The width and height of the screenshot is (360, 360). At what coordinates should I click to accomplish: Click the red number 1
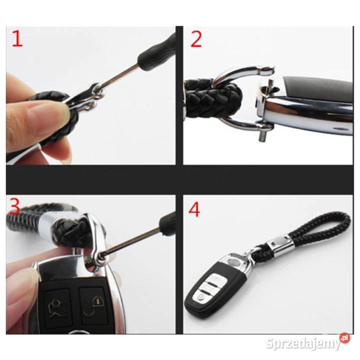click(x=17, y=39)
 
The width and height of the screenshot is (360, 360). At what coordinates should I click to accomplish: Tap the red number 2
click(x=196, y=39)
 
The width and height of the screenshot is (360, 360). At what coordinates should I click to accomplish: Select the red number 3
click(x=14, y=207)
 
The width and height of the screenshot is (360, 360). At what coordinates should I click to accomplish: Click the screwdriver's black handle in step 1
click(x=156, y=50)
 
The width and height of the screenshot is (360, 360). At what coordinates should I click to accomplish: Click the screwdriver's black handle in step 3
click(x=167, y=224)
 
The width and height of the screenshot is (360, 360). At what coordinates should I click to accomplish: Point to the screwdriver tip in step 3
click(x=100, y=255)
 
